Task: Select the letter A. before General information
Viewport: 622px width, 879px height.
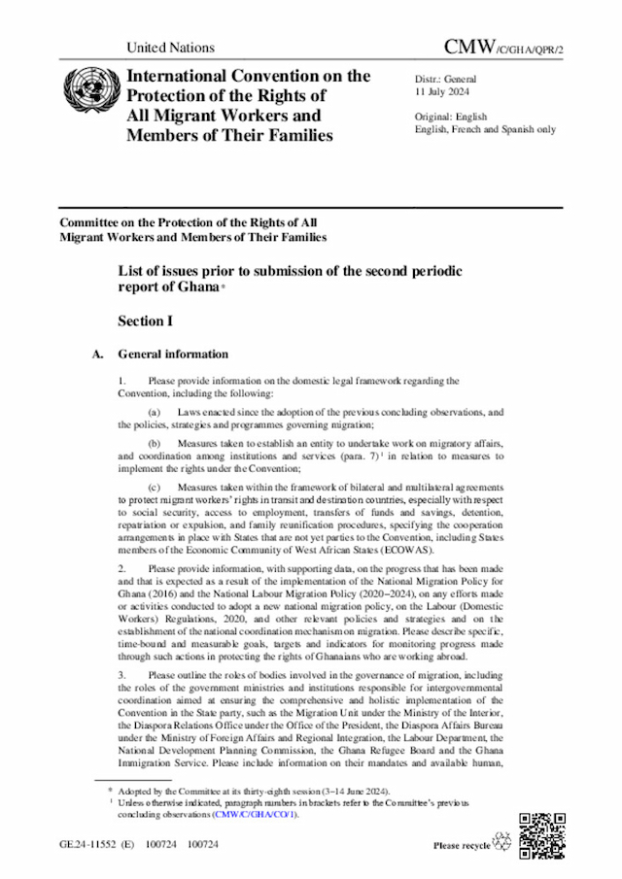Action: [x=97, y=355]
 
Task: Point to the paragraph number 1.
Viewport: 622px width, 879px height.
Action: [x=121, y=381]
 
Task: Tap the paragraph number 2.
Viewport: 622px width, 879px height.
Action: [x=121, y=566]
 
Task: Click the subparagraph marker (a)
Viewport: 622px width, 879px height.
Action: [x=154, y=413]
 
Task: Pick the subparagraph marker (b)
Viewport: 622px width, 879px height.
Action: [x=154, y=442]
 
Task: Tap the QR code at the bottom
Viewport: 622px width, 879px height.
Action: [x=540, y=833]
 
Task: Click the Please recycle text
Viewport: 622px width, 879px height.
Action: [x=463, y=846]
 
